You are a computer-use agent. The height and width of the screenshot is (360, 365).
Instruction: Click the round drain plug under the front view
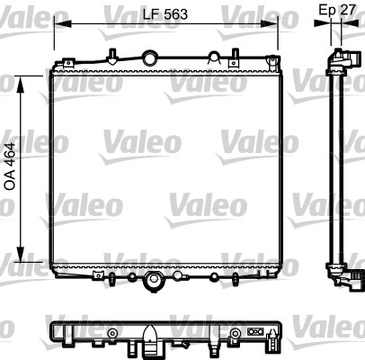(x=156, y=283)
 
